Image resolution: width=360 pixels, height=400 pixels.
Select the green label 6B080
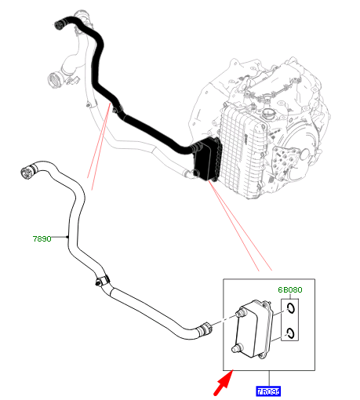(289, 289)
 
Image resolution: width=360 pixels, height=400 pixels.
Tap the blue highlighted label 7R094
(268, 390)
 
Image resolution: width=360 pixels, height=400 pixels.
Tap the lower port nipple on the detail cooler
(235, 345)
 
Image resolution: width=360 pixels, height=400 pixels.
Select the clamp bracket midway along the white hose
(100, 280)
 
